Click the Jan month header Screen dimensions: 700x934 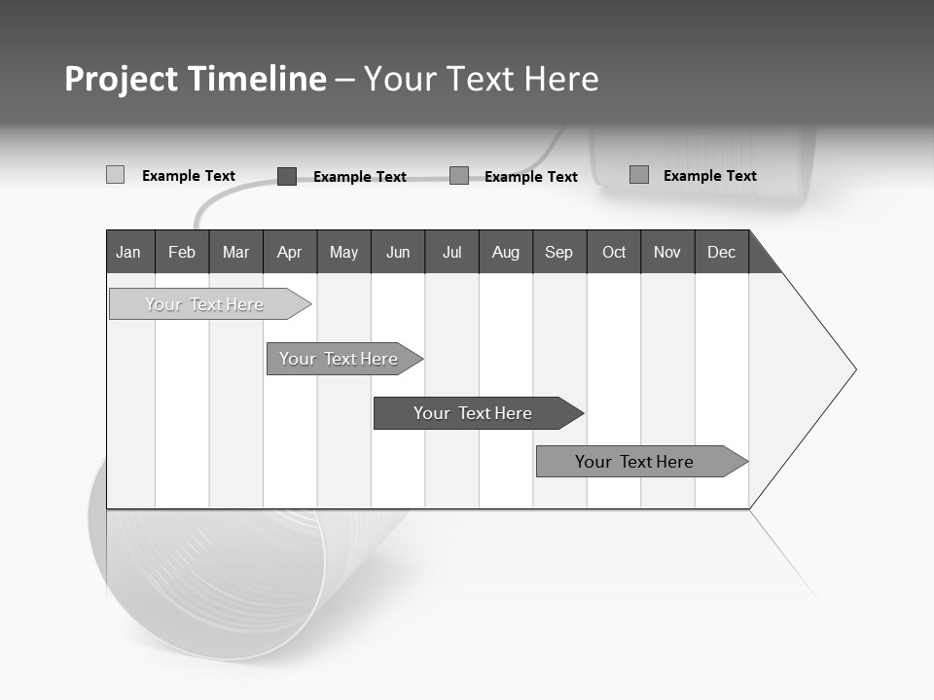129,252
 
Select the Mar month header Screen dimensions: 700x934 235,252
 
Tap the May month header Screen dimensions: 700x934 343,252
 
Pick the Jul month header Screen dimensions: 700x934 451,252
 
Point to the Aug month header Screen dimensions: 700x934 505,252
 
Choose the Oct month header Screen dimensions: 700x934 614,252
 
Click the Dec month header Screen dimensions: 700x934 721,252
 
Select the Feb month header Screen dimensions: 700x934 182,252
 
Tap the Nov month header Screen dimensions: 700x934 667,252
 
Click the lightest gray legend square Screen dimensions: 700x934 115,175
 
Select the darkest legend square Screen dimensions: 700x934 286,176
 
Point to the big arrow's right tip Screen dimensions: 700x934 854,369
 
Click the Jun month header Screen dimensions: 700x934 398,252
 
